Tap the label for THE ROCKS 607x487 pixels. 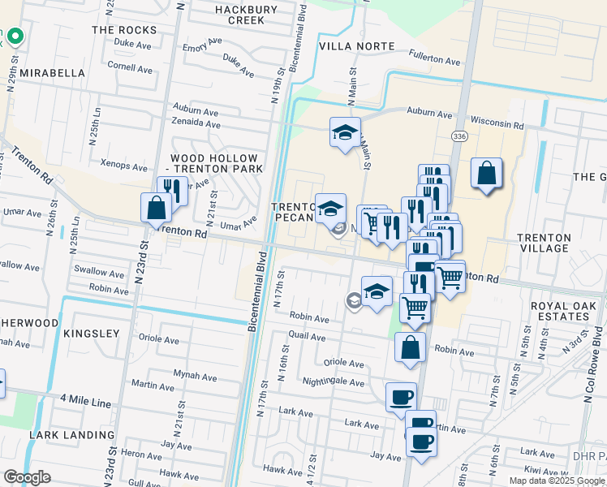pyautogui.click(x=124, y=30)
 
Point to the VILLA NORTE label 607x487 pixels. pyautogui.click(x=357, y=47)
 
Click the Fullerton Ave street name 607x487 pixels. pyautogui.click(x=435, y=60)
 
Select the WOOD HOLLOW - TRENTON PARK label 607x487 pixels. pyautogui.click(x=215, y=163)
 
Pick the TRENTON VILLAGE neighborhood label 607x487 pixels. pyautogui.click(x=544, y=243)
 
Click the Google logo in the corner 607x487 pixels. pyautogui.click(x=27, y=477)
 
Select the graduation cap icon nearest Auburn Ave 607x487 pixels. pyautogui.click(x=345, y=132)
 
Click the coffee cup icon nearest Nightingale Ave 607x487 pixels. pyautogui.click(x=400, y=398)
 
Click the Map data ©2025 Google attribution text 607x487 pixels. pyautogui.click(x=557, y=481)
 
